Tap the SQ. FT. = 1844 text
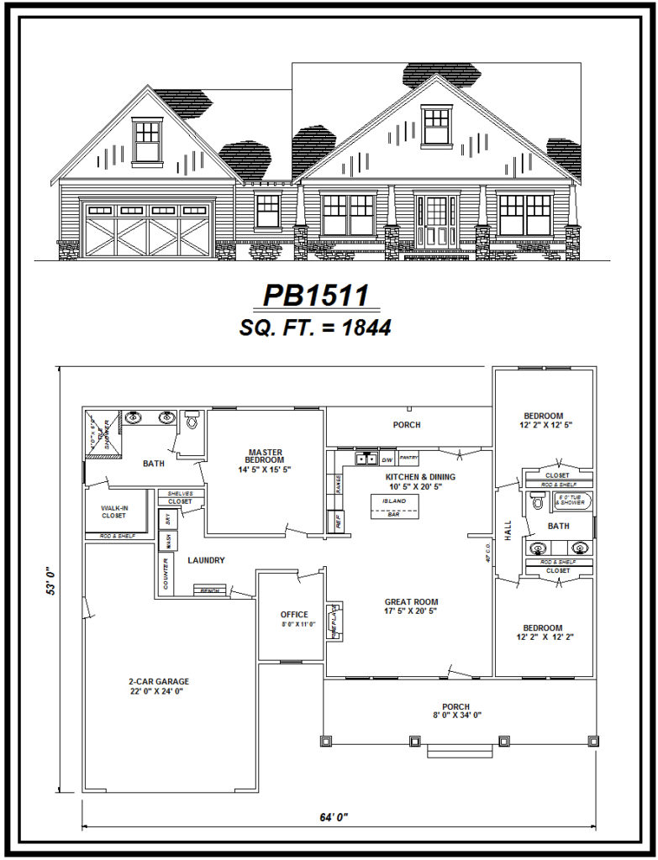[316, 328]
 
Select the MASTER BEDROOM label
[265, 456]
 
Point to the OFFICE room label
[294, 615]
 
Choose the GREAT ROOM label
[410, 601]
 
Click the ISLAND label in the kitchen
[394, 501]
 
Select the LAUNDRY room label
[205, 560]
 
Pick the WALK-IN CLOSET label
[114, 511]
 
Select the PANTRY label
[408, 458]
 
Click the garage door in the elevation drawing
[147, 229]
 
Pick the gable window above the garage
[146, 139]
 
